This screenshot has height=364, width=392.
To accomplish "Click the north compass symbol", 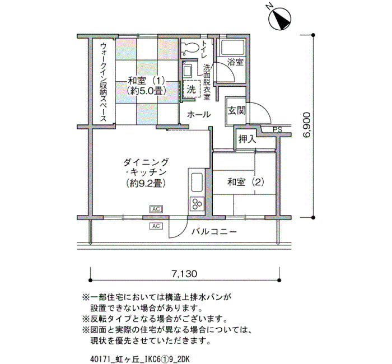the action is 280,18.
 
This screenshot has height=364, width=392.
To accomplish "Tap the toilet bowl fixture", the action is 190,48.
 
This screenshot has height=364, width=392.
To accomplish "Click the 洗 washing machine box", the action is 192,89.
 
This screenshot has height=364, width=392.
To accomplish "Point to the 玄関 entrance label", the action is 236,110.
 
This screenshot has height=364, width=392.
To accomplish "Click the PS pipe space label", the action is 277,130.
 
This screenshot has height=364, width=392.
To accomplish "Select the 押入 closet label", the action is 248,139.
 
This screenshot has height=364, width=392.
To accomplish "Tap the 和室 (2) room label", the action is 245,182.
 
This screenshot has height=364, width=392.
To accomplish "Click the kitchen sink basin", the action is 197,183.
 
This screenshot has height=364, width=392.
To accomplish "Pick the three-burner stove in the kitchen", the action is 197,203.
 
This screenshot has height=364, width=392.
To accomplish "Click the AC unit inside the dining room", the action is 156,209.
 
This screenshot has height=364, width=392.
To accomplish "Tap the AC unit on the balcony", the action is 156,226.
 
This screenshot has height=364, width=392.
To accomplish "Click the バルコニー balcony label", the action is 214,232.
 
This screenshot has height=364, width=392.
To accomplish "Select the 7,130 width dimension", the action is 184,274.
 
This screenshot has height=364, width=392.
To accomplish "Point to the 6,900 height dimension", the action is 306,125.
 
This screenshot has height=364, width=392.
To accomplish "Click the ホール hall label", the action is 199,114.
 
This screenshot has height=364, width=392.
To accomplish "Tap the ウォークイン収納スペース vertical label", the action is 103,82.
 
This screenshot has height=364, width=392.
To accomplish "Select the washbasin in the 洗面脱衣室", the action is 187,71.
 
